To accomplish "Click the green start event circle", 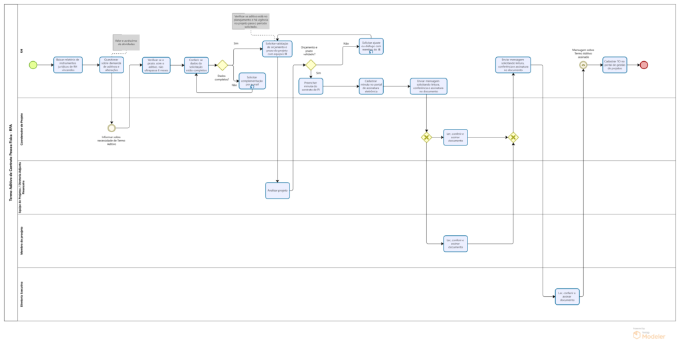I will [x=33, y=65].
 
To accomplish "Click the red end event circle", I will [x=643, y=65].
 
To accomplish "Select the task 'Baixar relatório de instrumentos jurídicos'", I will [x=68, y=65].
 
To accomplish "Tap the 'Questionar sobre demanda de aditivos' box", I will [x=112, y=65].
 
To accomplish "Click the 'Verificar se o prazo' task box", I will [x=156, y=65].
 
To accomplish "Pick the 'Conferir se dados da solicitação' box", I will [x=197, y=65].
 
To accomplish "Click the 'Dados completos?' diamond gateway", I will [x=222, y=65].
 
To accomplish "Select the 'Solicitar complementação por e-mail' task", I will [x=252, y=81].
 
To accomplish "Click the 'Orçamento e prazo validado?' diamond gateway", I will [x=310, y=65].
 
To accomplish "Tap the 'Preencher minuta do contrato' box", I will [x=310, y=86].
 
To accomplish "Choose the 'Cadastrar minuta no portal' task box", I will [x=371, y=86].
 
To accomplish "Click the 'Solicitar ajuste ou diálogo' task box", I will [x=371, y=46].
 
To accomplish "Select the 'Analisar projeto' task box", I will [x=278, y=191].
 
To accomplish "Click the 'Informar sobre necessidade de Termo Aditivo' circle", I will [x=112, y=128].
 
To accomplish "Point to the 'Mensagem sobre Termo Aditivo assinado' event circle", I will [x=583, y=65].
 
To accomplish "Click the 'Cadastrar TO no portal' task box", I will [x=614, y=65].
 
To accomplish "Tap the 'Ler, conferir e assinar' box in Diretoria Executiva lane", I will [x=567, y=296].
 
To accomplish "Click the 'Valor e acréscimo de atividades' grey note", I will [x=126, y=43].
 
